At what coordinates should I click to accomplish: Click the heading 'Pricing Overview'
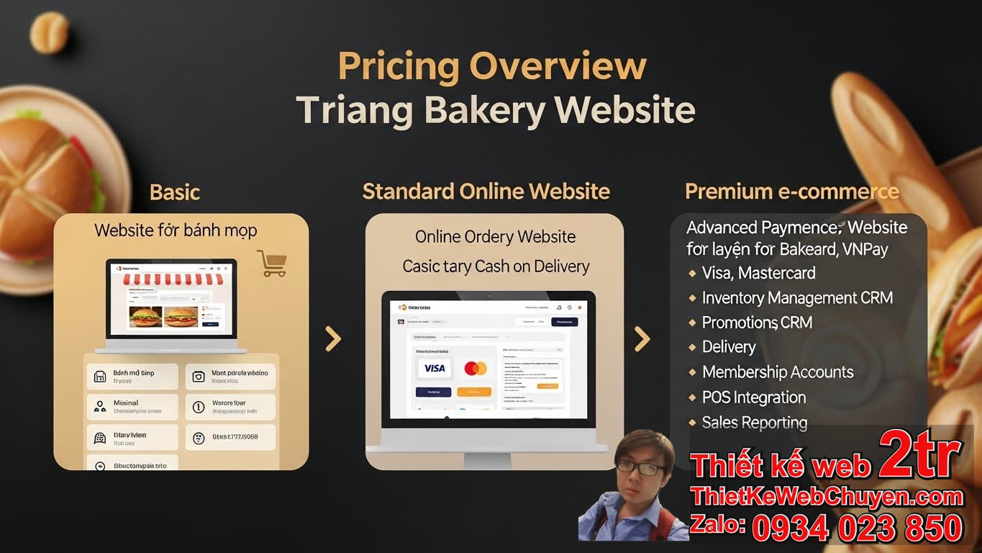(x=492, y=67)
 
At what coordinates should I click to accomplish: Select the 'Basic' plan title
(x=175, y=192)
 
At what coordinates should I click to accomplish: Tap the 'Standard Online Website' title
(x=486, y=192)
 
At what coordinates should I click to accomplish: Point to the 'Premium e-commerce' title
(x=791, y=192)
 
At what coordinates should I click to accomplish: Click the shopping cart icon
(x=271, y=264)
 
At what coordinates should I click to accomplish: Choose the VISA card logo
(x=434, y=368)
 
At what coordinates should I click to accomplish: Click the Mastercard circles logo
(x=475, y=369)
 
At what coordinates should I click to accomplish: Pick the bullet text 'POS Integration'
(x=753, y=397)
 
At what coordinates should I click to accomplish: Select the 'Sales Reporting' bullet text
(x=754, y=423)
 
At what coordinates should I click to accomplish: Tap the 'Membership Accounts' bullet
(x=777, y=372)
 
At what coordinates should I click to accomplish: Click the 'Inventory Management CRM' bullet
(x=796, y=298)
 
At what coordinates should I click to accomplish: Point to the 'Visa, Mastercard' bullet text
(x=758, y=274)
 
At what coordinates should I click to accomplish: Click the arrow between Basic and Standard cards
(x=333, y=338)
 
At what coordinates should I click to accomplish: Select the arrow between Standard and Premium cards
(x=642, y=338)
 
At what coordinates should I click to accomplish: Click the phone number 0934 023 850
(x=857, y=529)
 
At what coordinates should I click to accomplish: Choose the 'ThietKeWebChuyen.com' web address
(x=826, y=496)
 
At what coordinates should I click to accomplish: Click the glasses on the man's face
(x=640, y=468)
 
